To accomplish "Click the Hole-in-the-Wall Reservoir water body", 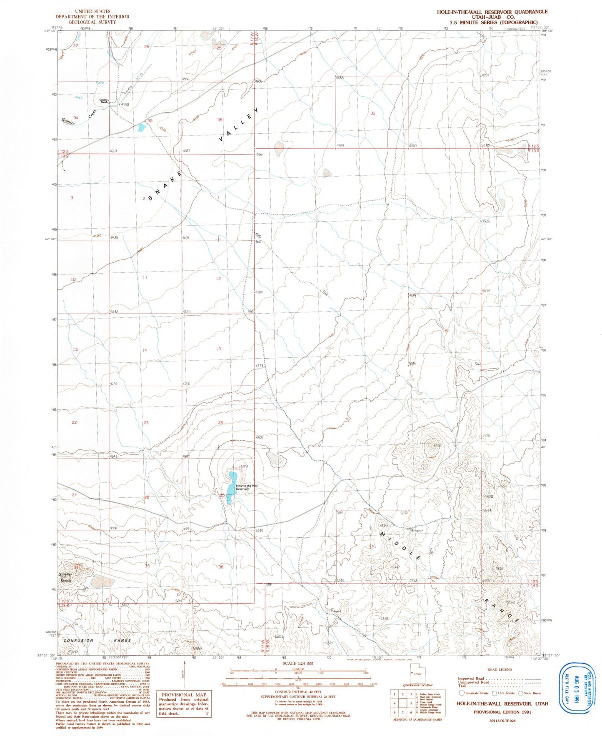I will [231, 483].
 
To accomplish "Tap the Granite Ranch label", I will [104, 101].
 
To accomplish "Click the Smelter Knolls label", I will [65, 577].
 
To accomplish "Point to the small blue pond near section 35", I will [141, 127].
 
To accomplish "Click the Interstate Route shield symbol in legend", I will [461, 693].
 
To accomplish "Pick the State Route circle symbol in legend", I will [521, 693].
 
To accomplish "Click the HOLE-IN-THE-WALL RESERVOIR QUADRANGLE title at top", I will [492, 12].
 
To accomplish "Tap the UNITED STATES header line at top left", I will [92, 11].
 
